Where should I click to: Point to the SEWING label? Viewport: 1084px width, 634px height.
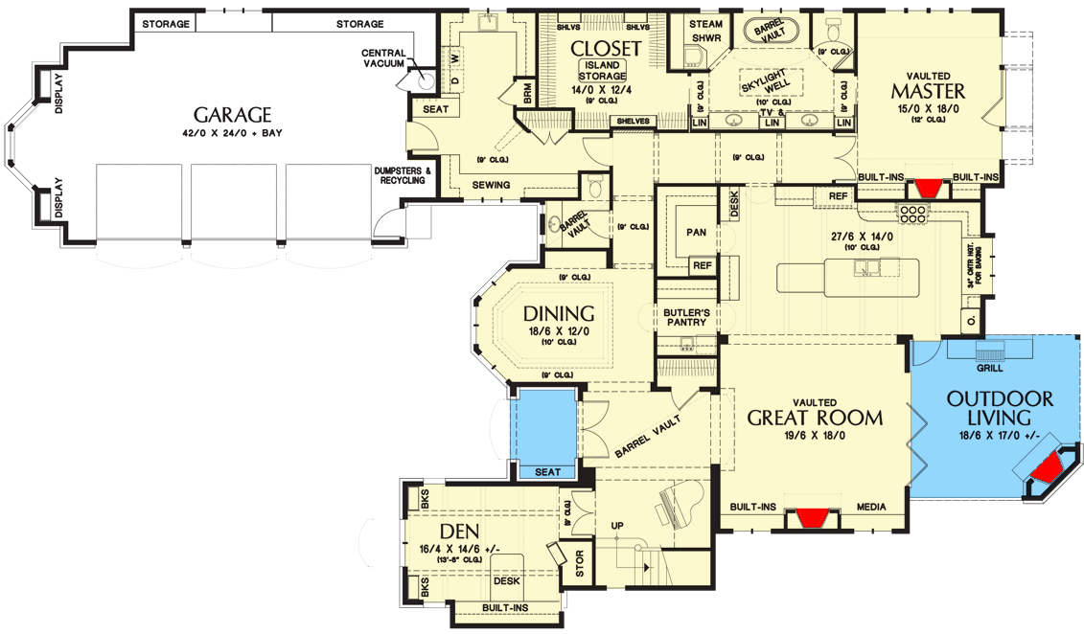(491, 185)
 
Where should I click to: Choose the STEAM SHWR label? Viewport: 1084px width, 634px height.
(706, 32)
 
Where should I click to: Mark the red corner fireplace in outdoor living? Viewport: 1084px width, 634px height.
(1045, 468)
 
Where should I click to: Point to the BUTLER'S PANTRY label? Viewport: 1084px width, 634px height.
(685, 317)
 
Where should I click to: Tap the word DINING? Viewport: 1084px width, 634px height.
(559, 313)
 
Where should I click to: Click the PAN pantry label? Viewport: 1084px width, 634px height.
(697, 232)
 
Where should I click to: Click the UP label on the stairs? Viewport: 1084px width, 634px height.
(617, 526)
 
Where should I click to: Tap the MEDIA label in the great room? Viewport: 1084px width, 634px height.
(870, 507)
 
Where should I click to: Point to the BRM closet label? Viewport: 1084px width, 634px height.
(527, 93)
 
